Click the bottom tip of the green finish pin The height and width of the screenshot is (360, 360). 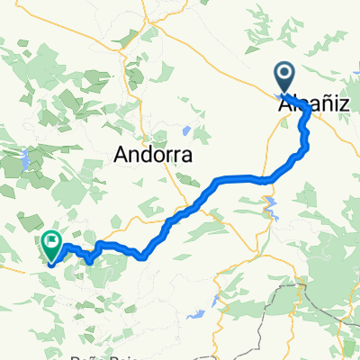[50, 263]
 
